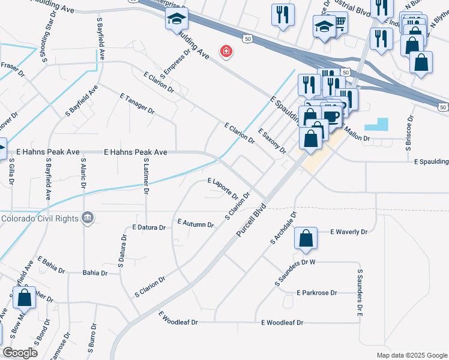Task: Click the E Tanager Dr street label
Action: coord(137,104)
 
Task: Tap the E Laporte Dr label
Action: coord(223,188)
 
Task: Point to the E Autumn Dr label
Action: coord(196,224)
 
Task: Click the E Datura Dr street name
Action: coord(152,227)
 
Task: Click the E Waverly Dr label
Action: coord(349,231)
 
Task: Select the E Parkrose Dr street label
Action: coord(317,293)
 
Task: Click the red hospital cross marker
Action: coord(226,52)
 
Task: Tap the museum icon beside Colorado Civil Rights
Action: coord(88,218)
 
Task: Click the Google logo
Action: coord(19,353)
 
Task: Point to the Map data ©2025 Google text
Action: coord(412,355)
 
